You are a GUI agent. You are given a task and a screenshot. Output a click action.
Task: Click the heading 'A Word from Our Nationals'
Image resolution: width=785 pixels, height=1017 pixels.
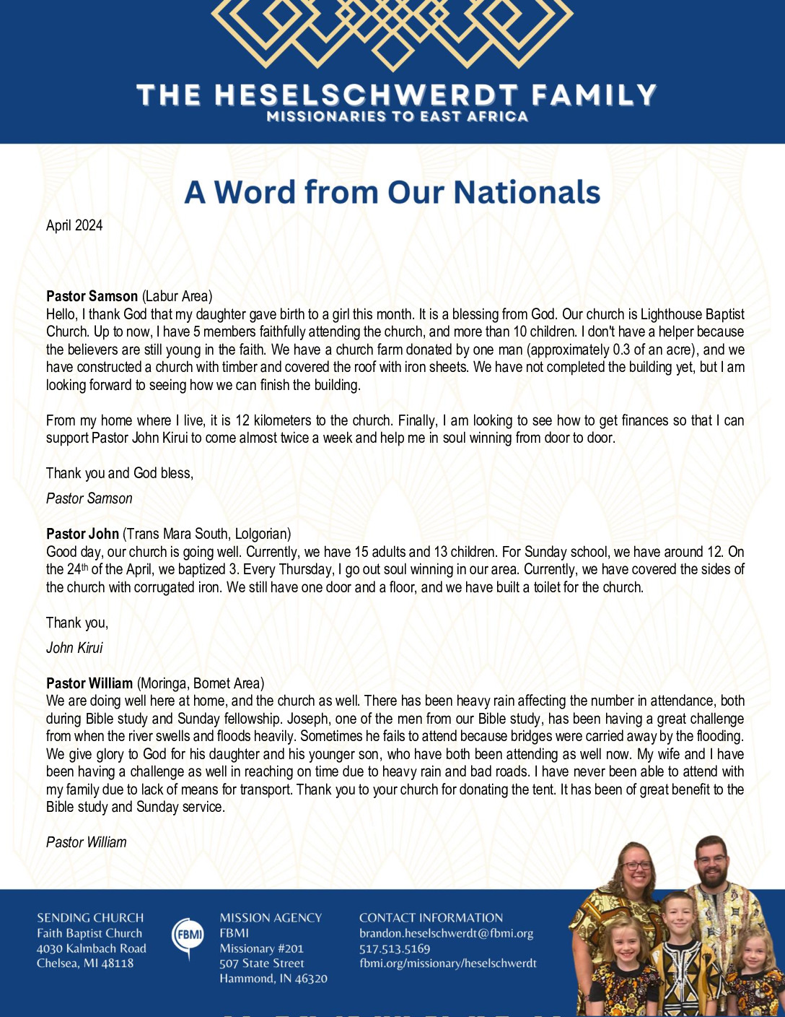point(392,192)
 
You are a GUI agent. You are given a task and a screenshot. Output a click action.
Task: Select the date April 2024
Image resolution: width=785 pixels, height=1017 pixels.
point(74,225)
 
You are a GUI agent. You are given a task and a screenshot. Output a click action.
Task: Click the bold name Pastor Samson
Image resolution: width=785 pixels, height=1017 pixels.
point(92,296)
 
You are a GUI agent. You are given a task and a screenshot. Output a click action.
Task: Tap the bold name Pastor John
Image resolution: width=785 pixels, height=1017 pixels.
point(82,534)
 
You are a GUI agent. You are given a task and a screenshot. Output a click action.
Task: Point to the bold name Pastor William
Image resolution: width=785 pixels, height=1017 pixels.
point(89,683)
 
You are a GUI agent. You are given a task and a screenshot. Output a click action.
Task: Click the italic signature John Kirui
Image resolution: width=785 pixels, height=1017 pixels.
point(74,648)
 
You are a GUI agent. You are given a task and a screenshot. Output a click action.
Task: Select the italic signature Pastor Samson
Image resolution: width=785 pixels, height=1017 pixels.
point(89,498)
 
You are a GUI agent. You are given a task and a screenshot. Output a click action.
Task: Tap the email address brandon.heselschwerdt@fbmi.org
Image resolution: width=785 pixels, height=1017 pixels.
point(446,933)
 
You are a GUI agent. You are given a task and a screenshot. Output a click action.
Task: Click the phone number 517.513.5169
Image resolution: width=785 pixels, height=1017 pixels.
point(395,948)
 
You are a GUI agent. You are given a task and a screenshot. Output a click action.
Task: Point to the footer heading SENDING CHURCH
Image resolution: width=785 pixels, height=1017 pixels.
point(90,918)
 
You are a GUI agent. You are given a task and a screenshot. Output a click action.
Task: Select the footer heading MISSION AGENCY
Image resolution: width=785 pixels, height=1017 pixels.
point(271,918)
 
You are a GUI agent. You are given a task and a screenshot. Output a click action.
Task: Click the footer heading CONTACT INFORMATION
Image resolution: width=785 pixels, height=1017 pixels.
point(431,918)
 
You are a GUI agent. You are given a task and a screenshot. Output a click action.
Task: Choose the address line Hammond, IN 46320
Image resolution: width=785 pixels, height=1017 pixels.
point(273,979)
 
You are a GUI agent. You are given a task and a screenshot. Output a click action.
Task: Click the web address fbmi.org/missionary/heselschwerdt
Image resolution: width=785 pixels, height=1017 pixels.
point(448,963)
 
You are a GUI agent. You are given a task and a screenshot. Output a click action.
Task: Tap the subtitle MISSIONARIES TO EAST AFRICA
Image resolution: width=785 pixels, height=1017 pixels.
point(397,116)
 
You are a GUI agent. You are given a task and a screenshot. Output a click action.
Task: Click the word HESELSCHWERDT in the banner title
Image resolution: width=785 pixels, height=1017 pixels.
point(366,95)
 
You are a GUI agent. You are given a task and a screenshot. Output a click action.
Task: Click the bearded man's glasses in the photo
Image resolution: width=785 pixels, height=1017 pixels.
point(712,860)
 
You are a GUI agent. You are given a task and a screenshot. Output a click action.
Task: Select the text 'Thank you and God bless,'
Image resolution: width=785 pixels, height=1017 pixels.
point(120,473)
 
